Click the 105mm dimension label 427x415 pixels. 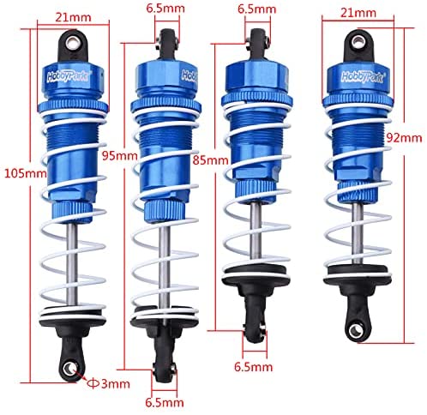pyautogui.click(x=25, y=173)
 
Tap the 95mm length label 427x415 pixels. pyautogui.click(x=120, y=156)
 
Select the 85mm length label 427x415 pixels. pyautogui.click(x=211, y=160)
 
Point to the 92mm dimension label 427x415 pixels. pyautogui.click(x=404, y=138)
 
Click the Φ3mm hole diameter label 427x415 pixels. pyautogui.click(x=109, y=384)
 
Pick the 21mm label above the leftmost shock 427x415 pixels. pyautogui.click(x=73, y=17)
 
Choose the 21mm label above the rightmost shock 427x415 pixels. pyautogui.click(x=358, y=13)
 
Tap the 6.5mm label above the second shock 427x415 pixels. pyautogui.click(x=165, y=8)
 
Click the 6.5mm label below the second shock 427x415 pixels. pyautogui.click(x=165, y=403)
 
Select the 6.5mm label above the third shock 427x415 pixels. pyautogui.click(x=257, y=9)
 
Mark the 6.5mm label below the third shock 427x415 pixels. pyautogui.click(x=253, y=367)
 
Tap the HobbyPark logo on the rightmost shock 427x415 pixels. pyautogui.click(x=364, y=76)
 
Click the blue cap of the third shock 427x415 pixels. pyautogui.click(x=256, y=77)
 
